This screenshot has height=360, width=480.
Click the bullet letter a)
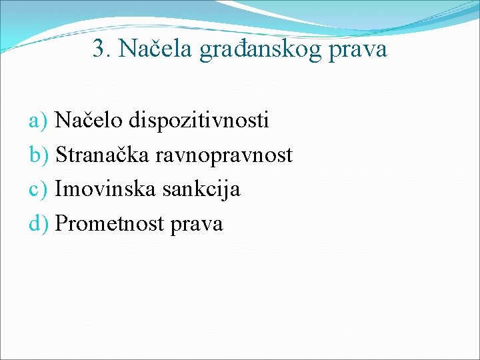pyautogui.click(x=39, y=121)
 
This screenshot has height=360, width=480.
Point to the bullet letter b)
pyautogui.click(x=40, y=155)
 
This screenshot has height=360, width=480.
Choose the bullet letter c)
pyautogui.click(x=39, y=190)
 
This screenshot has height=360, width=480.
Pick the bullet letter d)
pyautogui.click(x=40, y=224)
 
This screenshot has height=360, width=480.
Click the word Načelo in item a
pyautogui.click(x=89, y=120)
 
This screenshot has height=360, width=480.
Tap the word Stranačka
pyautogui.click(x=103, y=155)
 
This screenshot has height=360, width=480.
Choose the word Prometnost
pyautogui.click(x=110, y=224)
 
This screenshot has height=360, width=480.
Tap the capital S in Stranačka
pyautogui.click(x=61, y=155)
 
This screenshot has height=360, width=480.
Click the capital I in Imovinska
pyautogui.click(x=59, y=189)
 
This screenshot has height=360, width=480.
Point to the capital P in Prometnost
pyautogui.click(x=61, y=224)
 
